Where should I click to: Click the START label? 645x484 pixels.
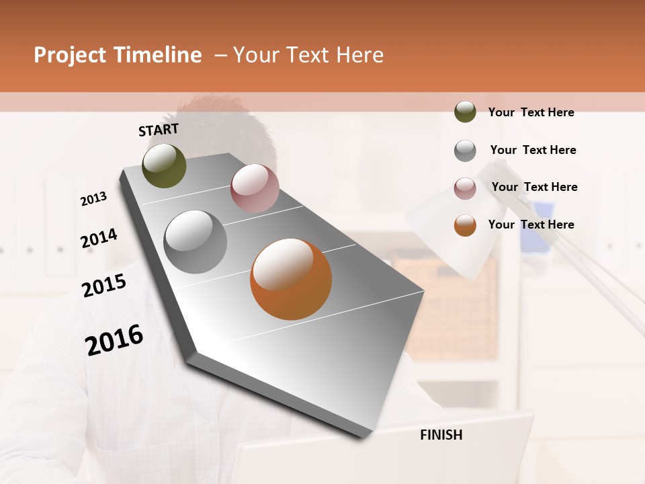click(x=159, y=130)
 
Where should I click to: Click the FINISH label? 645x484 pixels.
click(x=441, y=435)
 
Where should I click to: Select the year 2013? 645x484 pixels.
click(x=93, y=199)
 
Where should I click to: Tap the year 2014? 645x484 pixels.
click(x=99, y=239)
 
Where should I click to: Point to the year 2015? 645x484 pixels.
click(x=104, y=286)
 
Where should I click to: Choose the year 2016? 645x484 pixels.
click(x=114, y=341)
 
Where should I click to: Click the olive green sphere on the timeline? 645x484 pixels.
click(x=164, y=165)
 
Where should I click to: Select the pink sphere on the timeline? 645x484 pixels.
click(x=255, y=188)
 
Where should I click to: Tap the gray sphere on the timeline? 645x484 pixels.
click(x=196, y=242)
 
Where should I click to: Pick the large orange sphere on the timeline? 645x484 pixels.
click(x=291, y=279)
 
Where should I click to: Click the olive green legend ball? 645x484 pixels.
click(x=465, y=112)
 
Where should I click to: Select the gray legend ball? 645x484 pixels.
click(x=465, y=151)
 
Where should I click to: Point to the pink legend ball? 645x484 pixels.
click(x=465, y=188)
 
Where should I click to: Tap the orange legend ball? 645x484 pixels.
click(x=465, y=225)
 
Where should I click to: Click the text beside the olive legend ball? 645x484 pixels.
click(x=531, y=113)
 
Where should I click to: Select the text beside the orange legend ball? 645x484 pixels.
click(x=531, y=225)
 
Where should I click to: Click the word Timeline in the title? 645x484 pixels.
click(x=159, y=55)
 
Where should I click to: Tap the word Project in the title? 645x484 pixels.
click(x=71, y=55)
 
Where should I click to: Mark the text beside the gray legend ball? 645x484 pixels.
click(x=533, y=150)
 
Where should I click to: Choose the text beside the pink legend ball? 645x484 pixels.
click(x=534, y=187)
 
